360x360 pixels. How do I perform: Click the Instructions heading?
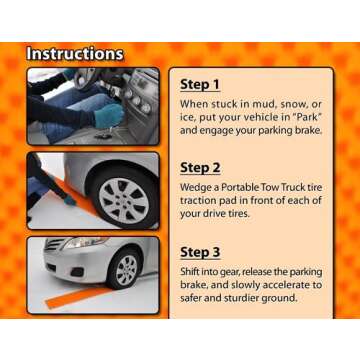pos(75,54)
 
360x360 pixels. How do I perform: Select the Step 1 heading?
pos(200,85)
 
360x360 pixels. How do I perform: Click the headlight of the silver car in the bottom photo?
pos(84,243)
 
